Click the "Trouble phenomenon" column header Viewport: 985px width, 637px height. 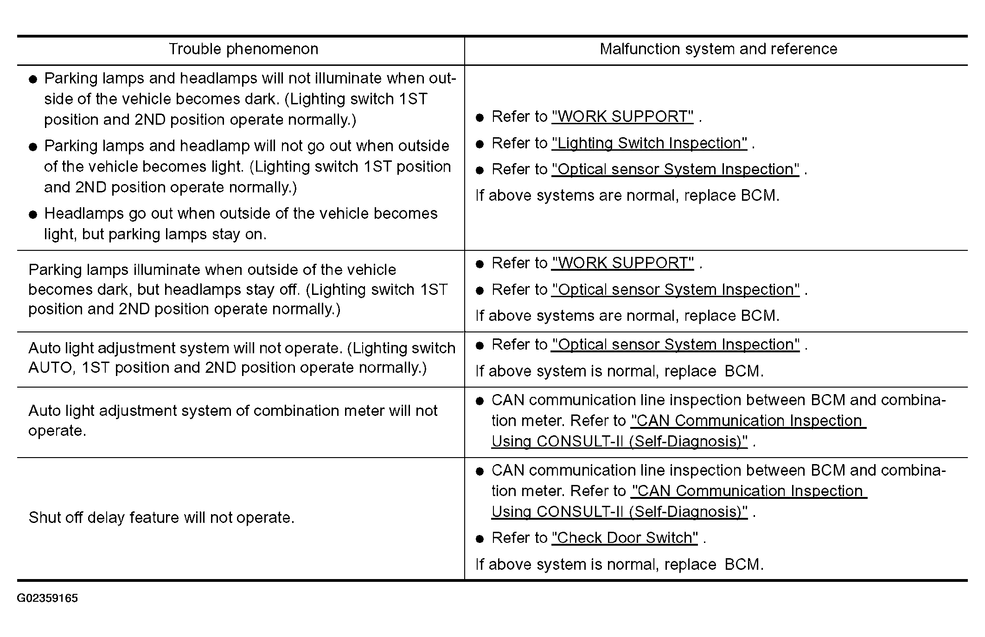click(243, 49)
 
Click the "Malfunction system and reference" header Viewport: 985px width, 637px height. click(718, 49)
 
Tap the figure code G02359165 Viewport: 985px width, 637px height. click(47, 598)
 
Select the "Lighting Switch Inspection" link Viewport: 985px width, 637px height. click(649, 143)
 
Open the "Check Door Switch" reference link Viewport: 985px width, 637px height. click(625, 538)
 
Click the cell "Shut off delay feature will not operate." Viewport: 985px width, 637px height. click(161, 517)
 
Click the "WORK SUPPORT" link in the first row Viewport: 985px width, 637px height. click(622, 117)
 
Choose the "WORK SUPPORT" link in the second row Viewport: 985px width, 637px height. click(622, 263)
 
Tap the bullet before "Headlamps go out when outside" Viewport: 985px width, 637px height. click(32, 215)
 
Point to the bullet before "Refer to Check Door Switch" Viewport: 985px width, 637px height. click(480, 539)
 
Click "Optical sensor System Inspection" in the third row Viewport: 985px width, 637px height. click(675, 345)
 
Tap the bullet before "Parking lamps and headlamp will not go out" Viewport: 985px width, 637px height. click(32, 147)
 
